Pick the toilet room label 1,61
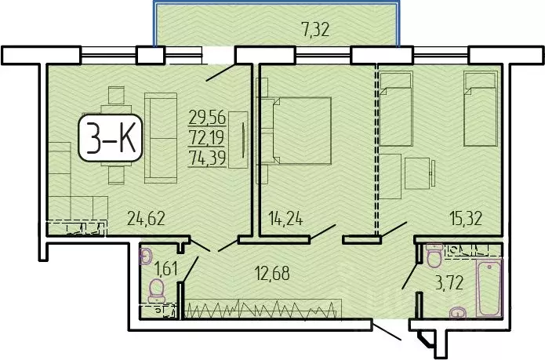pyautogui.click(x=166, y=271)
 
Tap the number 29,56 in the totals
pyautogui.click(x=207, y=118)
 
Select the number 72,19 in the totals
pyautogui.click(x=207, y=137)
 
